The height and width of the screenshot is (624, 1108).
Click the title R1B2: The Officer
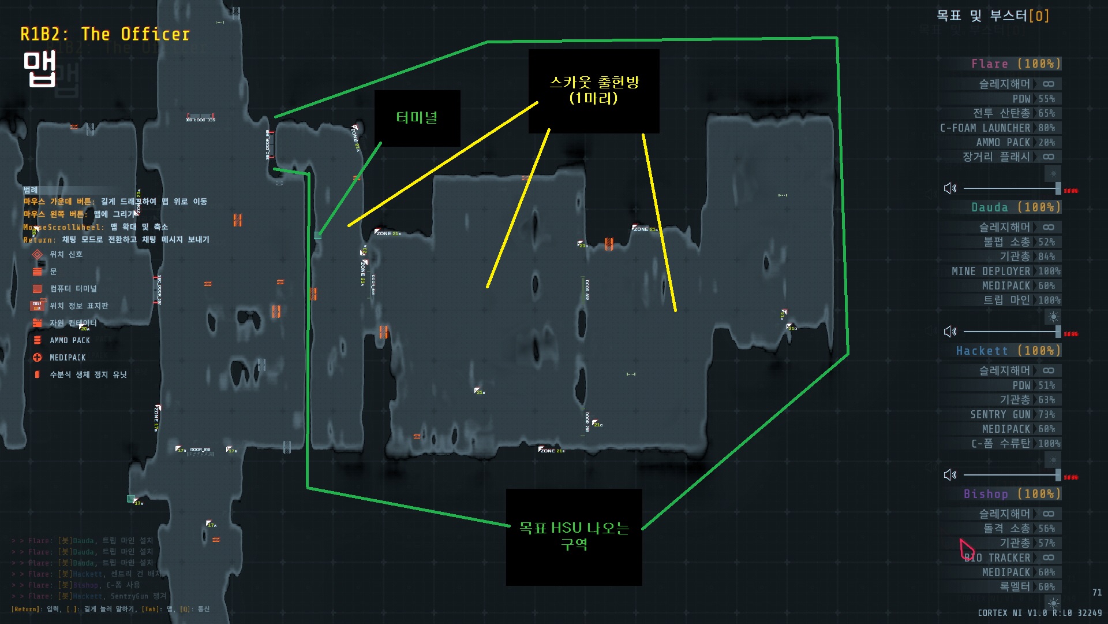(105, 35)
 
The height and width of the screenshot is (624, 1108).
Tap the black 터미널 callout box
(417, 118)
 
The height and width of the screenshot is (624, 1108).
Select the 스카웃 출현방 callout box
(594, 91)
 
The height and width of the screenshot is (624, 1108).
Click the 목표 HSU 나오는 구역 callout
(574, 537)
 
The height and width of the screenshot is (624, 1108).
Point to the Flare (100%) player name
(1016, 64)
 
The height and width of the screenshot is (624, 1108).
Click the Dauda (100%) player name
(1016, 207)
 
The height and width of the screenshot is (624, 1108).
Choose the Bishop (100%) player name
(1012, 494)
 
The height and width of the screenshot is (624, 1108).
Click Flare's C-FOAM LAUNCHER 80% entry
(997, 128)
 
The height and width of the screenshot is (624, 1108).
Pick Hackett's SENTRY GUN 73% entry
(1012, 414)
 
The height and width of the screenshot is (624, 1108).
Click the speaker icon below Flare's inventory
(950, 188)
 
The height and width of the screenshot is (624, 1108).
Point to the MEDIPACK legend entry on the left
(67, 358)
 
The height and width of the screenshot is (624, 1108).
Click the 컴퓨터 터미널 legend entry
(73, 288)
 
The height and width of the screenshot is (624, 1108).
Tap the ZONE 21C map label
(645, 229)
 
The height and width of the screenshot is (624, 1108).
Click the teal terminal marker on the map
(317, 235)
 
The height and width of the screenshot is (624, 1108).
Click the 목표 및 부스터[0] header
(993, 16)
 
